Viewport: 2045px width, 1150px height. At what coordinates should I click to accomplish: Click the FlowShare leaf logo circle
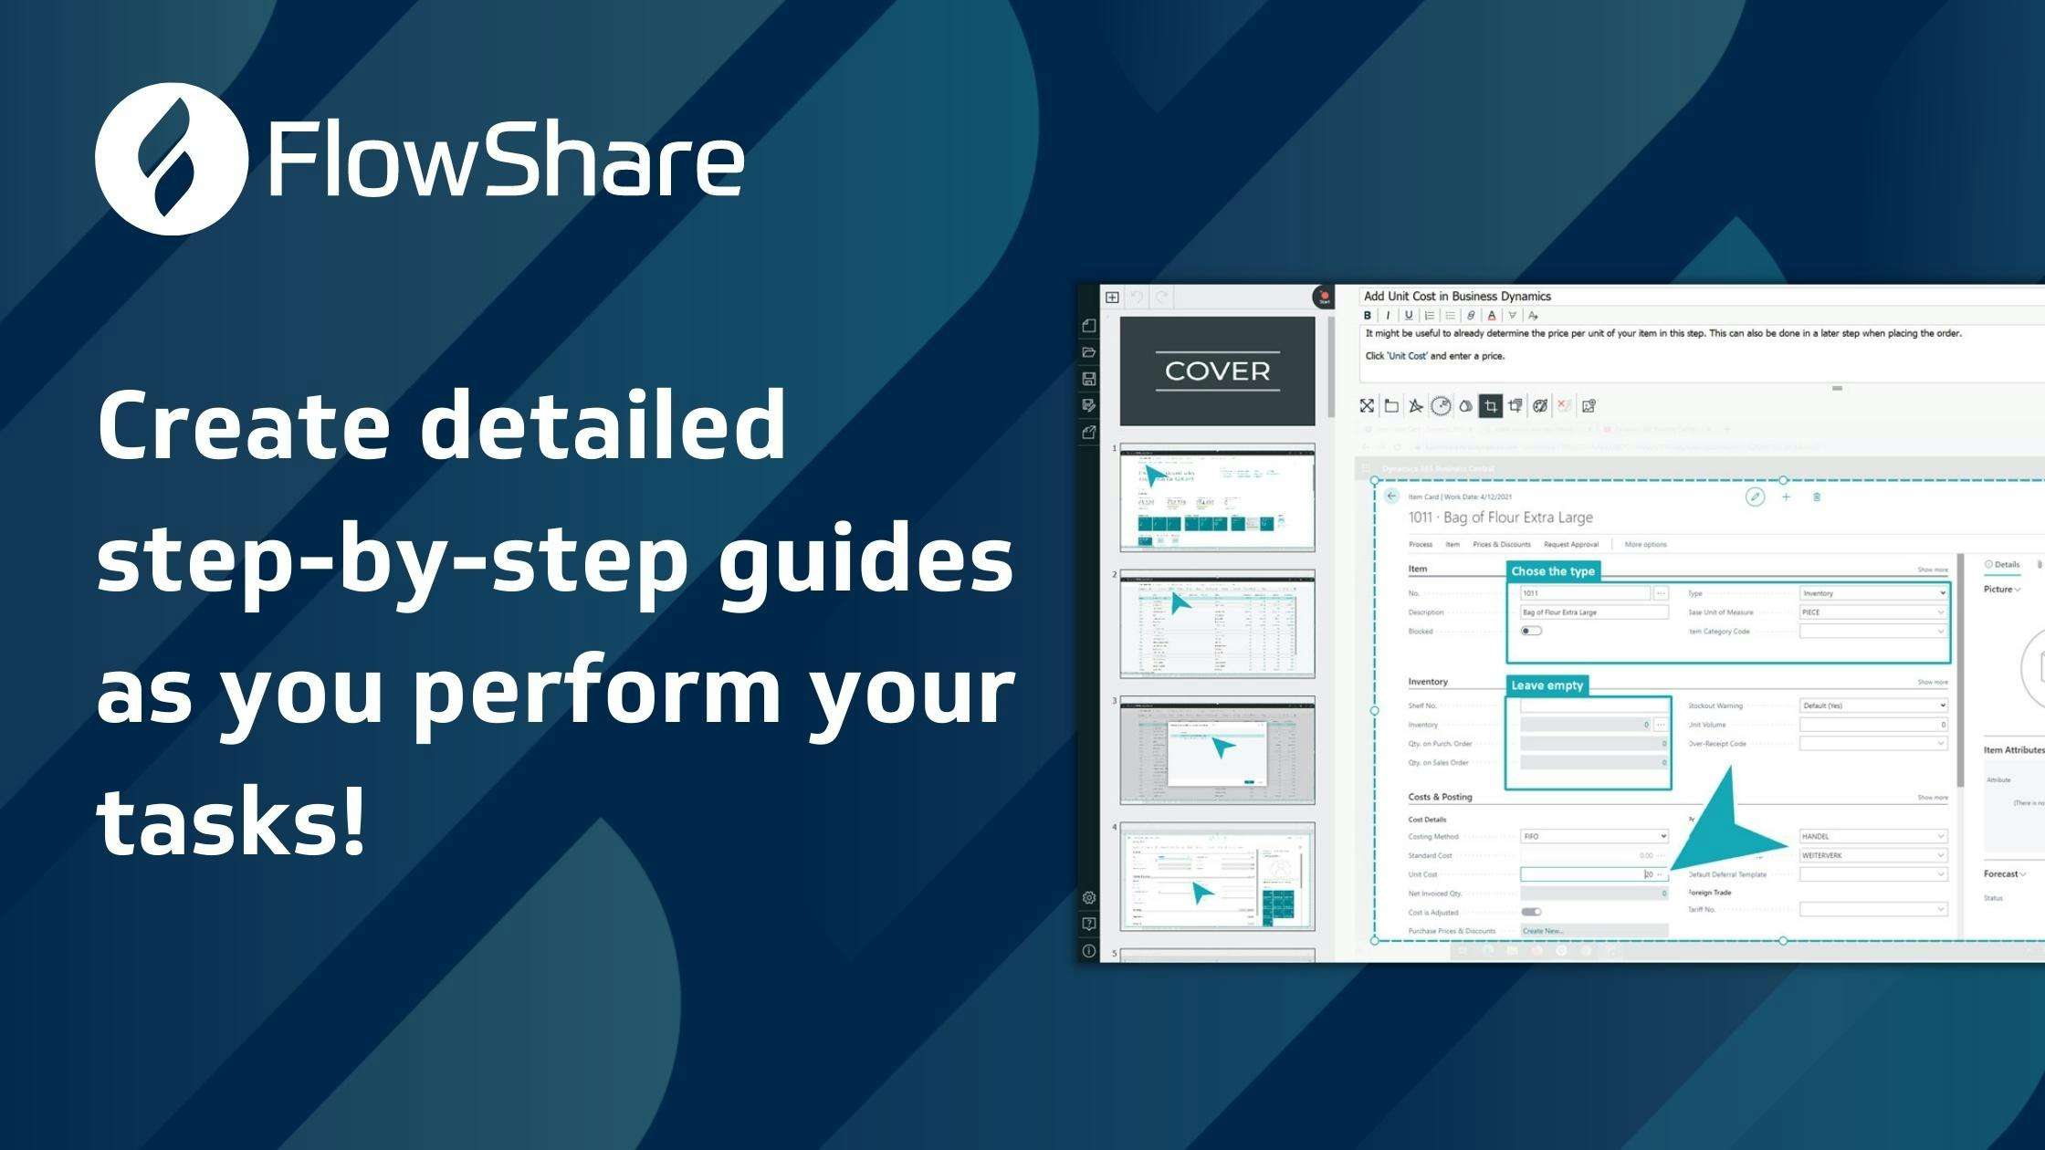pos(171,159)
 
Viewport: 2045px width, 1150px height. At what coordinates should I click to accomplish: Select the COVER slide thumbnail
pos(1217,371)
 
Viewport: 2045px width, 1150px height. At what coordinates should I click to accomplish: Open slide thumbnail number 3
pos(1217,749)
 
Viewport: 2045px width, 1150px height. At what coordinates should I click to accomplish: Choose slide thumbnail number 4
pos(1217,876)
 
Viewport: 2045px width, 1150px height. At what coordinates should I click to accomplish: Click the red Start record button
pos(1323,297)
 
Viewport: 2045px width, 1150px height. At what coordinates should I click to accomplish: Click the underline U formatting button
pos(1409,316)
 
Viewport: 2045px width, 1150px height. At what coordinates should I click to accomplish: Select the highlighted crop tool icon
pos(1490,406)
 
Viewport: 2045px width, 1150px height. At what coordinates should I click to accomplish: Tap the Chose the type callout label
pos(1552,571)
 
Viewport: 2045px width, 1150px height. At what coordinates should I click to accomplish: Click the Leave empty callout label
pos(1547,685)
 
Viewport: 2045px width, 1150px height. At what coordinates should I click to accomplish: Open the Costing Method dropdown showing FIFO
pos(1593,836)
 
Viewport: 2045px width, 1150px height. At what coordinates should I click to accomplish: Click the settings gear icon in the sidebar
pos(1088,898)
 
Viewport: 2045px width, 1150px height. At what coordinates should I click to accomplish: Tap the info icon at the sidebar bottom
pos(1088,951)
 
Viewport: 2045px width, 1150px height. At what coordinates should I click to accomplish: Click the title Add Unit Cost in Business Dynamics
pos(1457,296)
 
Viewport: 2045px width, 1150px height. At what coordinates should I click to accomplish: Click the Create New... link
pos(1543,931)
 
